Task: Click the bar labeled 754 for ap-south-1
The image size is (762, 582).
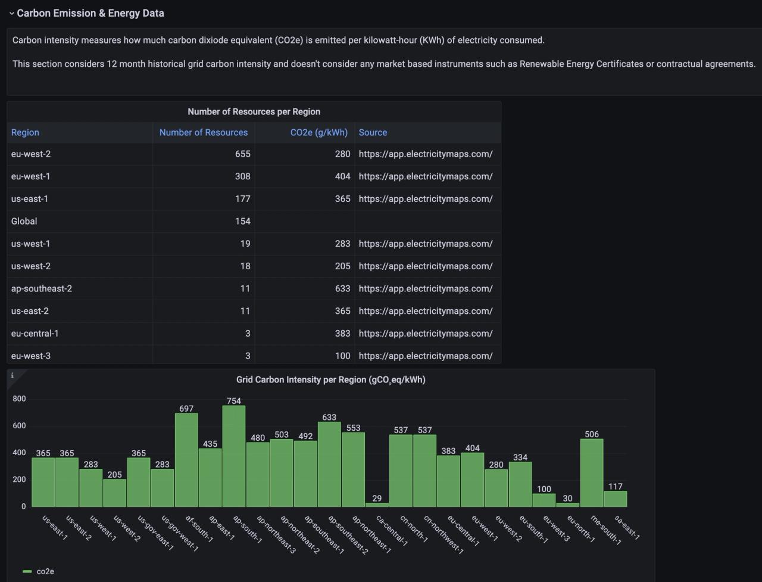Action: (x=234, y=456)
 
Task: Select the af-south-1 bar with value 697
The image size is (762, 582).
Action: (x=186, y=459)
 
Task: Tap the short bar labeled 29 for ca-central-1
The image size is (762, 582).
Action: (x=377, y=505)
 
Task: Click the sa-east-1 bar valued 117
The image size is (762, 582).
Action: (x=616, y=499)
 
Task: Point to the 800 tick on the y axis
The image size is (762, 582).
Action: (x=20, y=399)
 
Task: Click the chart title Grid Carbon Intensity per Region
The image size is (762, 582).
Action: (x=330, y=379)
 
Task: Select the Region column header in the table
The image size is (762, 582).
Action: (x=25, y=132)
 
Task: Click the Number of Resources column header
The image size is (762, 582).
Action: (x=203, y=132)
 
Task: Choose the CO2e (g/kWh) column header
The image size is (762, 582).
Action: (x=318, y=132)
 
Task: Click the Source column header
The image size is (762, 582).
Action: (x=373, y=132)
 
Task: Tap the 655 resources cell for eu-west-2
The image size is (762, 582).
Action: (x=242, y=154)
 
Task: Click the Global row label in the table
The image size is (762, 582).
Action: (x=24, y=221)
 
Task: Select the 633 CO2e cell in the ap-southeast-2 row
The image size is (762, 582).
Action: (x=342, y=288)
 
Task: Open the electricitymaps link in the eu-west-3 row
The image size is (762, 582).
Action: (x=425, y=356)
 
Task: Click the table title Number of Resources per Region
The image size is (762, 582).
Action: (x=254, y=111)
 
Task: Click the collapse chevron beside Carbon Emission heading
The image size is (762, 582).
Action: (x=11, y=13)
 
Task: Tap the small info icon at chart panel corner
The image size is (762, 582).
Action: (x=13, y=375)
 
